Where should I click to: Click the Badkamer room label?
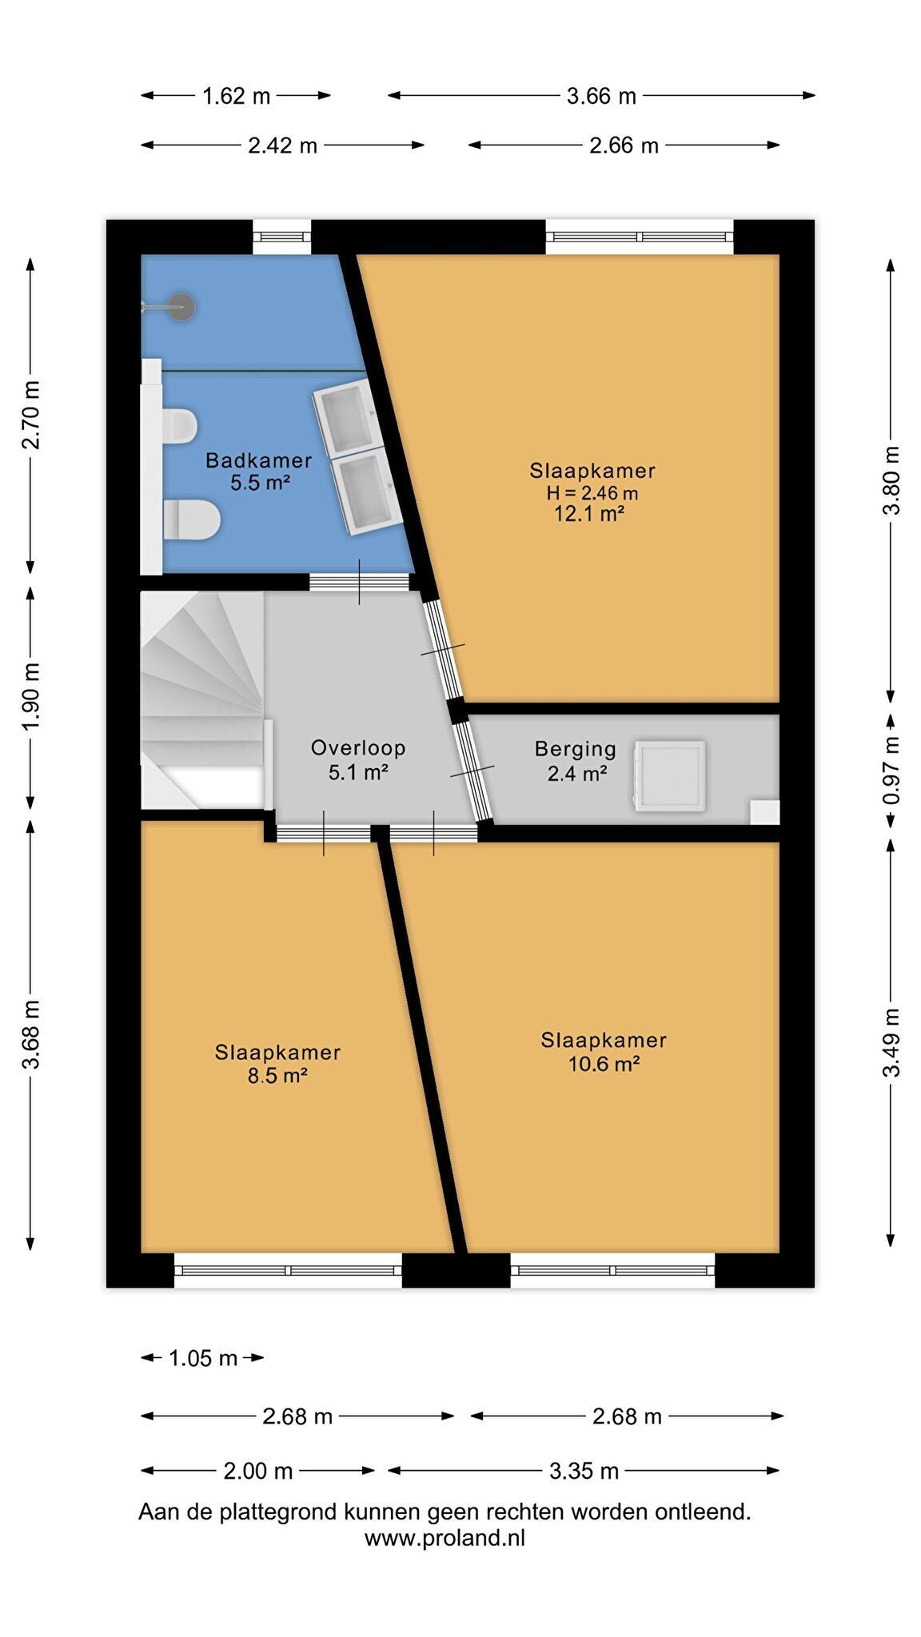point(258,460)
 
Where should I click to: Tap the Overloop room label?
point(358,748)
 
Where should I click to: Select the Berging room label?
point(576,749)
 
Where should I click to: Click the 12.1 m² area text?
point(589,514)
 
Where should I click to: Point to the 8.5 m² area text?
point(277,1076)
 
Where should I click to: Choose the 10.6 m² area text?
point(604,1064)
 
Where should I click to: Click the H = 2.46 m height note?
point(592,492)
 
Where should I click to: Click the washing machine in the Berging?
point(670,776)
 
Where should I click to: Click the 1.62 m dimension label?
point(236,97)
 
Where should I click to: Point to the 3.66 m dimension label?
point(601,97)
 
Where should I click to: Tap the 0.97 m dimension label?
point(891,771)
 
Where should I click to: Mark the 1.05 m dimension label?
point(203,1358)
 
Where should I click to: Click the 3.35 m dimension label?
point(584,1471)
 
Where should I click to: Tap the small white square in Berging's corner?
point(764,811)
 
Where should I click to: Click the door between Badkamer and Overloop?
point(358,582)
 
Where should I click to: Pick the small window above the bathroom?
point(281,237)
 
